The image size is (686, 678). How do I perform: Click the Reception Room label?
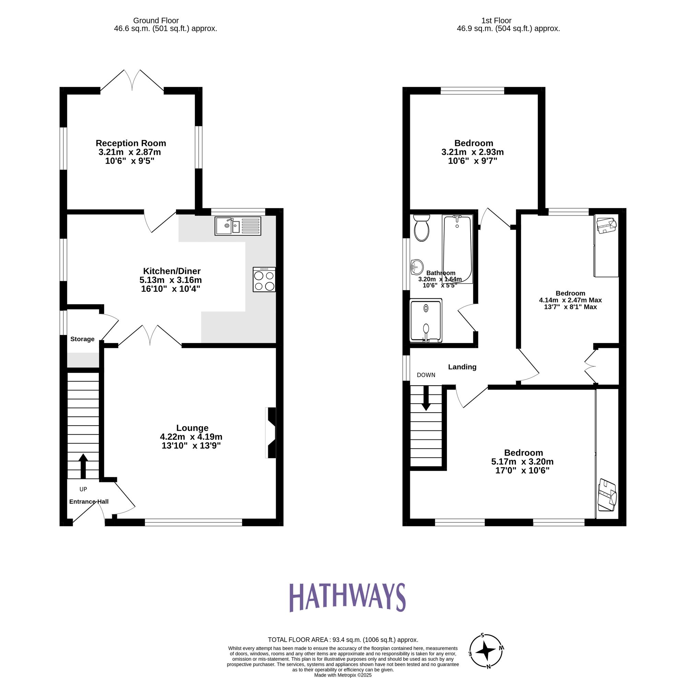(x=131, y=143)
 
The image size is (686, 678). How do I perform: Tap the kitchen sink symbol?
(x=238, y=226)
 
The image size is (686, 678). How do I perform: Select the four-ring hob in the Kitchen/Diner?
(x=264, y=280)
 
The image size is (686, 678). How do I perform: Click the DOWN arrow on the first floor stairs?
(x=426, y=398)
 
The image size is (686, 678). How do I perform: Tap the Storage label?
(x=82, y=339)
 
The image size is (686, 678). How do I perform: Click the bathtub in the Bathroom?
(x=457, y=249)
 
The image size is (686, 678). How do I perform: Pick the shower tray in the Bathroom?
(x=426, y=321)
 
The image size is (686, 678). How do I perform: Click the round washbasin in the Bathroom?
(x=417, y=266)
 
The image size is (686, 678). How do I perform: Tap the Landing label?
(x=462, y=367)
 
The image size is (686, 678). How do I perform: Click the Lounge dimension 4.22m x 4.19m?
(x=191, y=437)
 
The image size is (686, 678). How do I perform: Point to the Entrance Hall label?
(x=89, y=502)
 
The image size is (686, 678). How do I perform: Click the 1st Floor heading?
(x=496, y=21)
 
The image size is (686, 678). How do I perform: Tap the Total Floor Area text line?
(x=343, y=640)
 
